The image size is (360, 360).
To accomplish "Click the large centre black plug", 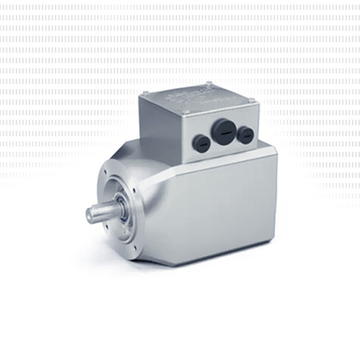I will (222, 131).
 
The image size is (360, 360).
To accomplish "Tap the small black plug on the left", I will (203, 143).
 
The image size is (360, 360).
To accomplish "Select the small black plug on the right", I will (245, 133).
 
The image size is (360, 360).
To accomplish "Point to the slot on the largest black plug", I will (223, 132).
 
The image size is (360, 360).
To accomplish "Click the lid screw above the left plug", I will (186, 113).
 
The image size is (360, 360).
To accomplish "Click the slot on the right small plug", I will (245, 134).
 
